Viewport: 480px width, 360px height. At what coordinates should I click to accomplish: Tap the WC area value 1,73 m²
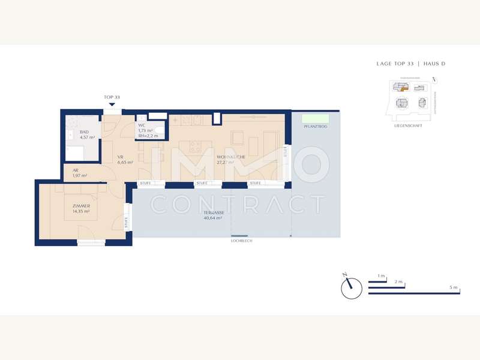[x=145, y=130]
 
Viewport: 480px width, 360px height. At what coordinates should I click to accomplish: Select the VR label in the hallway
[x=121, y=157]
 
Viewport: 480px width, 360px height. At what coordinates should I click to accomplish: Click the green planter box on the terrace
[x=314, y=118]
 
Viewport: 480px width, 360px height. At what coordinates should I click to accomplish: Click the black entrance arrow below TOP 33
[x=112, y=104]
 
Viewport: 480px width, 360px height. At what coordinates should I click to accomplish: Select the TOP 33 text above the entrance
[x=112, y=97]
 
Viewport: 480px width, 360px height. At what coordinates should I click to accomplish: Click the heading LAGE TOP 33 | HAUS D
[x=410, y=64]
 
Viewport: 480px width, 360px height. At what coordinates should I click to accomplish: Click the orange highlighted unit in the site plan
[x=404, y=88]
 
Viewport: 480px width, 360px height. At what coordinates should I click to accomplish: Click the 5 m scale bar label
[x=452, y=288]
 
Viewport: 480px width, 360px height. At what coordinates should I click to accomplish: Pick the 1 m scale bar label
[x=381, y=276]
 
